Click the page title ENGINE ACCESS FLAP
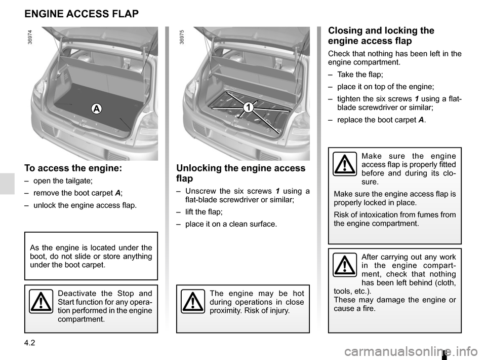coord(82,14)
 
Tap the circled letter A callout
coord(96,108)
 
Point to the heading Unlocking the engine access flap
coord(240,173)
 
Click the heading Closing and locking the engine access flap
coord(381,35)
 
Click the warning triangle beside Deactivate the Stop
coord(40,303)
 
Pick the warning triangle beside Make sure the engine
coord(344,165)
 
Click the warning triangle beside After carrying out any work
coord(344,265)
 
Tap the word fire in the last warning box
coord(369,308)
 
